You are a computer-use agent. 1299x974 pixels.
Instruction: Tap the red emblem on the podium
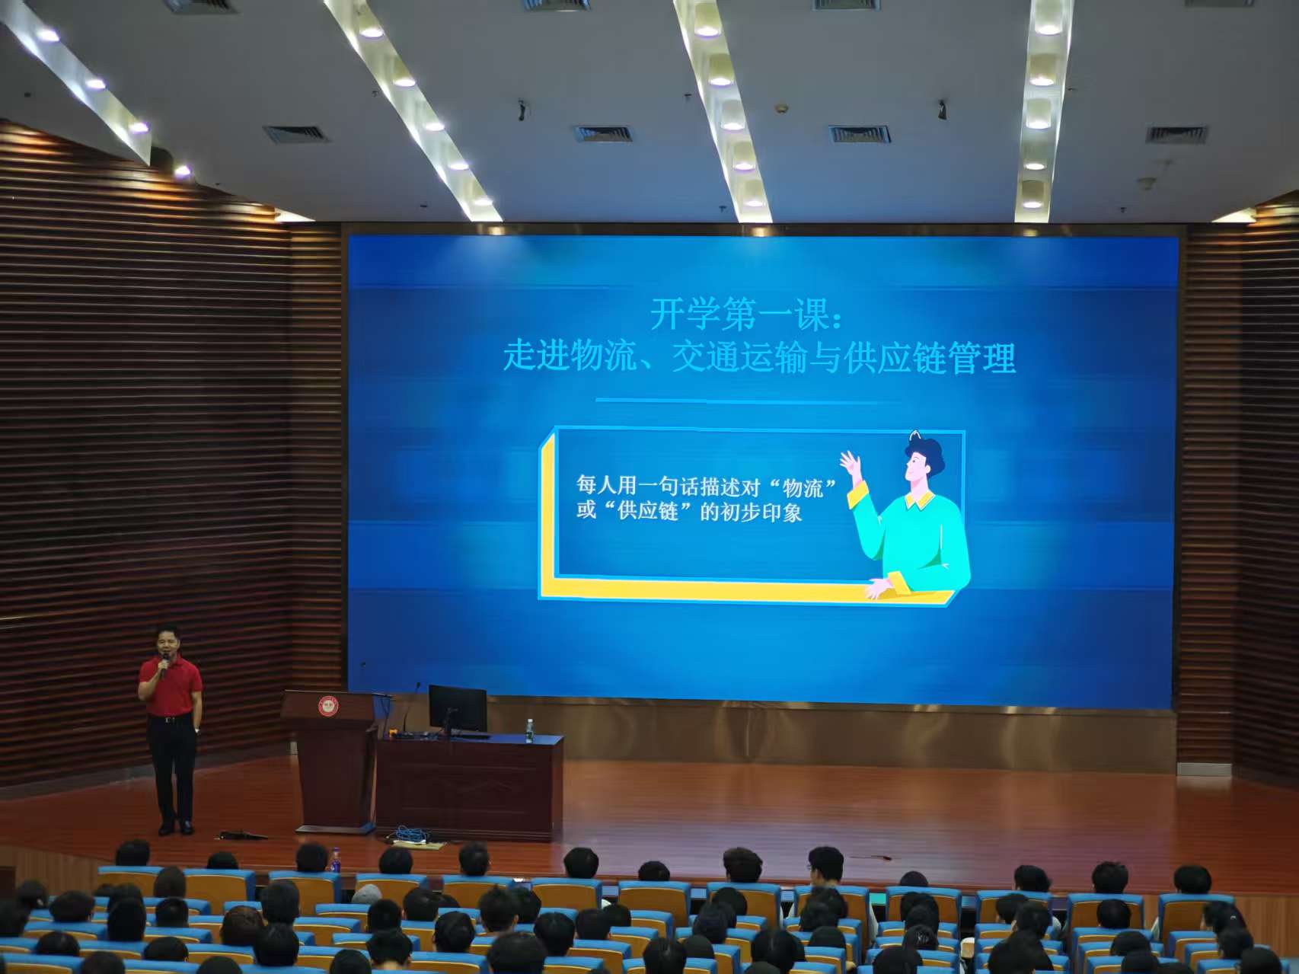pyautogui.click(x=328, y=706)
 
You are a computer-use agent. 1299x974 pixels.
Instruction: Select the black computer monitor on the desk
pyautogui.click(x=457, y=709)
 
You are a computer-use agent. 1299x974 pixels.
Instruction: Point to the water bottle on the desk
pyautogui.click(x=529, y=731)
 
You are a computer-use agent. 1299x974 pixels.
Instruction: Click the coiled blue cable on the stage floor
pyautogui.click(x=412, y=835)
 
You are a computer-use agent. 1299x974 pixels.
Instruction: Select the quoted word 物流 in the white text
pyautogui.click(x=804, y=487)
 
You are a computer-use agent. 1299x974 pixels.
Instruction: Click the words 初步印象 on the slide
pyautogui.click(x=761, y=513)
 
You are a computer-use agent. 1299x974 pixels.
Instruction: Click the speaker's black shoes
pyautogui.click(x=176, y=827)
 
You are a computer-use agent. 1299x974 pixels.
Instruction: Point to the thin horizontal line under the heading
pyautogui.click(x=747, y=400)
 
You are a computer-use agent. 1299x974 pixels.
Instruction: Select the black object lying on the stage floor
pyautogui.click(x=242, y=835)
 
